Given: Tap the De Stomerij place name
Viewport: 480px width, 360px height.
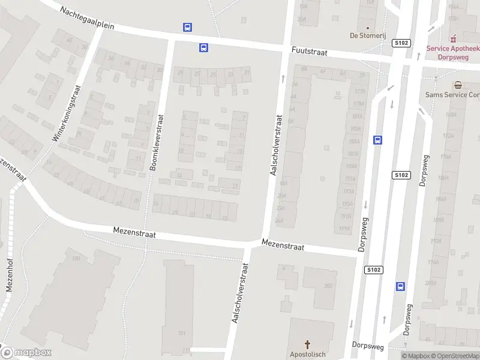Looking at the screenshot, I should tap(368, 35).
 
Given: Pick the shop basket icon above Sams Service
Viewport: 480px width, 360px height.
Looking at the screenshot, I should tap(458, 85).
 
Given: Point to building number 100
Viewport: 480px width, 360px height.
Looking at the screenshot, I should tap(76, 258).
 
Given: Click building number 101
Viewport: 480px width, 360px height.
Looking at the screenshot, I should tap(182, 333).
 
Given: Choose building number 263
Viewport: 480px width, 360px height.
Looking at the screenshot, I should tap(328, 286).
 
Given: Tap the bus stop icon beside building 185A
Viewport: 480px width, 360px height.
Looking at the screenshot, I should tap(377, 140).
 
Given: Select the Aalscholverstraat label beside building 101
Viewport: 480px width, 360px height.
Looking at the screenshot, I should tap(239, 292).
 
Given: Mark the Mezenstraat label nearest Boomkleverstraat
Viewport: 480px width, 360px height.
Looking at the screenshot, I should tap(134, 233).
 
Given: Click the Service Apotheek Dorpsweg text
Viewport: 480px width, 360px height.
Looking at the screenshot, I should tap(453, 53).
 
